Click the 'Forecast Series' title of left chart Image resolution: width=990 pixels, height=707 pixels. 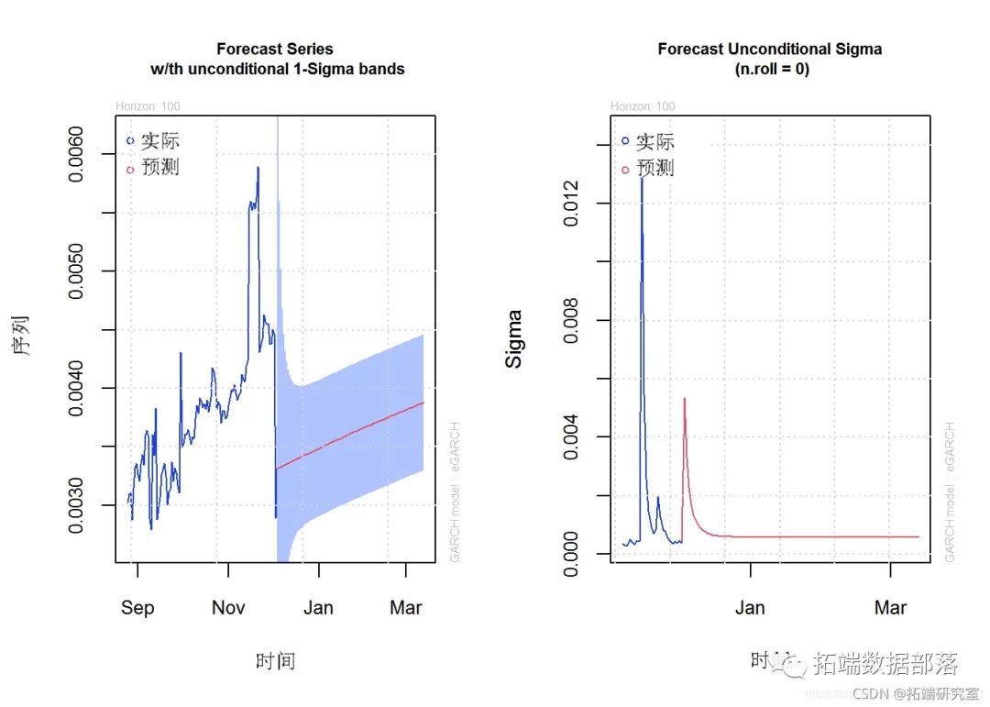(275, 49)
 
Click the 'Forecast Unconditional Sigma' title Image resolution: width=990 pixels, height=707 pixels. (770, 49)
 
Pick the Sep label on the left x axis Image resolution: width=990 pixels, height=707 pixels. (137, 608)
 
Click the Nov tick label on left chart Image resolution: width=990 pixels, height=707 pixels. (228, 608)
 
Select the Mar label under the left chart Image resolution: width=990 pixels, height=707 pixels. (406, 608)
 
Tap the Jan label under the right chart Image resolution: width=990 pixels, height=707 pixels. (750, 608)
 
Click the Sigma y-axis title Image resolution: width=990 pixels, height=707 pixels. (515, 339)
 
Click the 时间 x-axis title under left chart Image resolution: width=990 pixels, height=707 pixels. (275, 661)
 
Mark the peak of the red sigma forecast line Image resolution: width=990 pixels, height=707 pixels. (684, 399)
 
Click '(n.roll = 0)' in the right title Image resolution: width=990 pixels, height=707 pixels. (770, 70)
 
